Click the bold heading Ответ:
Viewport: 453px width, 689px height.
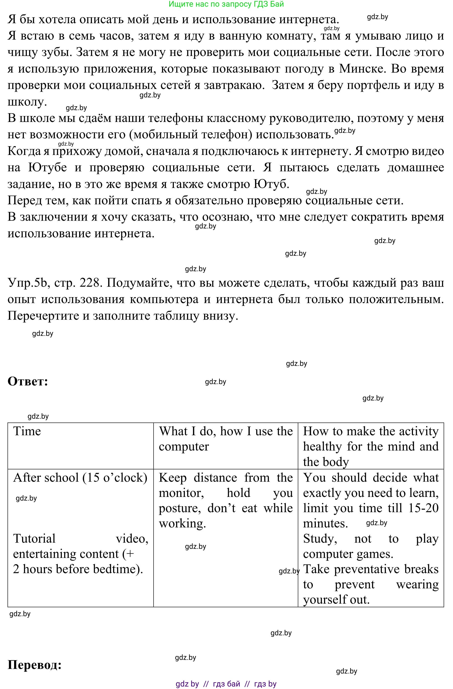[28, 382]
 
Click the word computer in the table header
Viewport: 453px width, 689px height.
[184, 447]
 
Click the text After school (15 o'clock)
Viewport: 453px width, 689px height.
[80, 478]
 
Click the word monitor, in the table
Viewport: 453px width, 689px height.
[181, 493]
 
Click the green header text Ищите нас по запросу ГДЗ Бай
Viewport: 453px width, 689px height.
[226, 4]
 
